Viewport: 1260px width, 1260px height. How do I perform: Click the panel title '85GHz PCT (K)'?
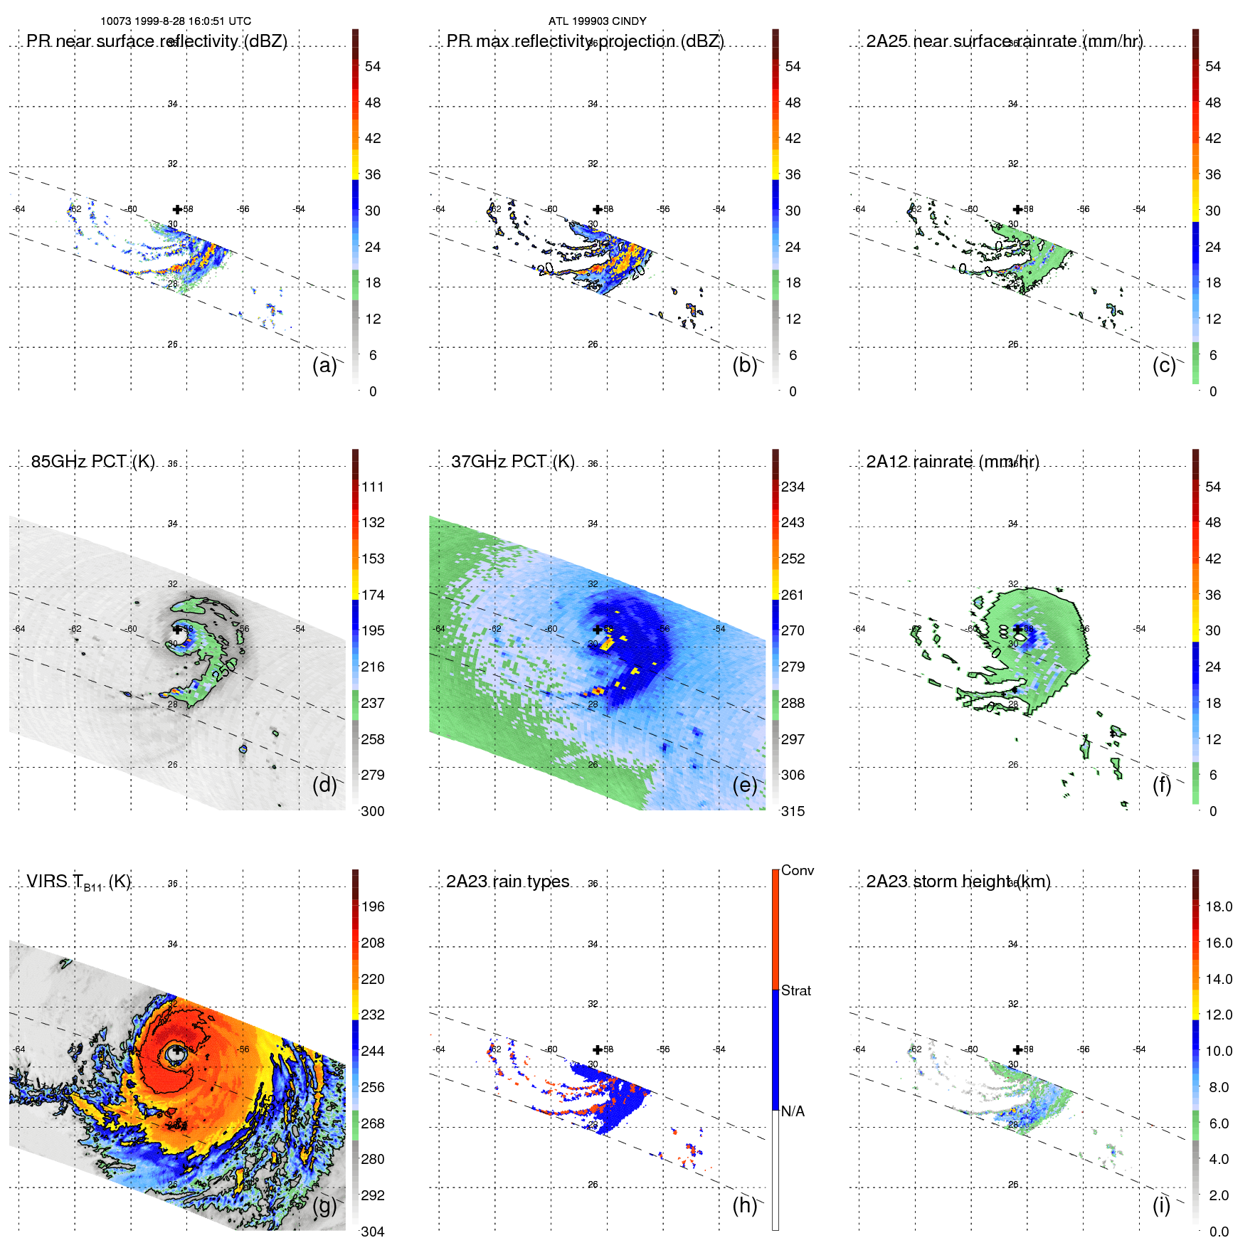92,462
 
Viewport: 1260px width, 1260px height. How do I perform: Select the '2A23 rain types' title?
507,882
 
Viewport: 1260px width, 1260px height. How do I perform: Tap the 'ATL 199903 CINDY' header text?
597,21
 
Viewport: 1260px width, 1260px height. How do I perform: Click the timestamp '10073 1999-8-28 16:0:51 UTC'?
176,21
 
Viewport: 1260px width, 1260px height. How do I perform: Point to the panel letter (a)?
324,365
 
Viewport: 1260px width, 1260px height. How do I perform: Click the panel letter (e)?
744,785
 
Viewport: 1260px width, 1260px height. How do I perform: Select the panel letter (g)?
324,1205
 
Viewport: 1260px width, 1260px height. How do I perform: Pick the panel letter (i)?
1161,1205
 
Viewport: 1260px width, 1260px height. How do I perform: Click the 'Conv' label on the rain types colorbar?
797,870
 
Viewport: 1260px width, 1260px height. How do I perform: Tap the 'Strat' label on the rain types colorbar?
795,990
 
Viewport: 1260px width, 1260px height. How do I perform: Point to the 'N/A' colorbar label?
793,1111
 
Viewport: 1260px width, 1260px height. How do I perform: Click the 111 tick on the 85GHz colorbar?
373,487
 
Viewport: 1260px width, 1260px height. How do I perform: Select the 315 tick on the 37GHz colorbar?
793,811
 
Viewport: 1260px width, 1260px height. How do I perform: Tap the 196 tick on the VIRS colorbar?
373,906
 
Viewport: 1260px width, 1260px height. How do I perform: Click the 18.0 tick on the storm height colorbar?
1219,906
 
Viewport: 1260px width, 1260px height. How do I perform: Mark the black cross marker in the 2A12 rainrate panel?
1017,630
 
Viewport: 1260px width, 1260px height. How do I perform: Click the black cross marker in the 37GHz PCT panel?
597,630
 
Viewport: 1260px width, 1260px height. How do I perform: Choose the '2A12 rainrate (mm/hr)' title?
952,462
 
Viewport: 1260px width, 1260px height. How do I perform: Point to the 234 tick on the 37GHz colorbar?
793,487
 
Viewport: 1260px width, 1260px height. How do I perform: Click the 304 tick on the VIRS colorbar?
373,1232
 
